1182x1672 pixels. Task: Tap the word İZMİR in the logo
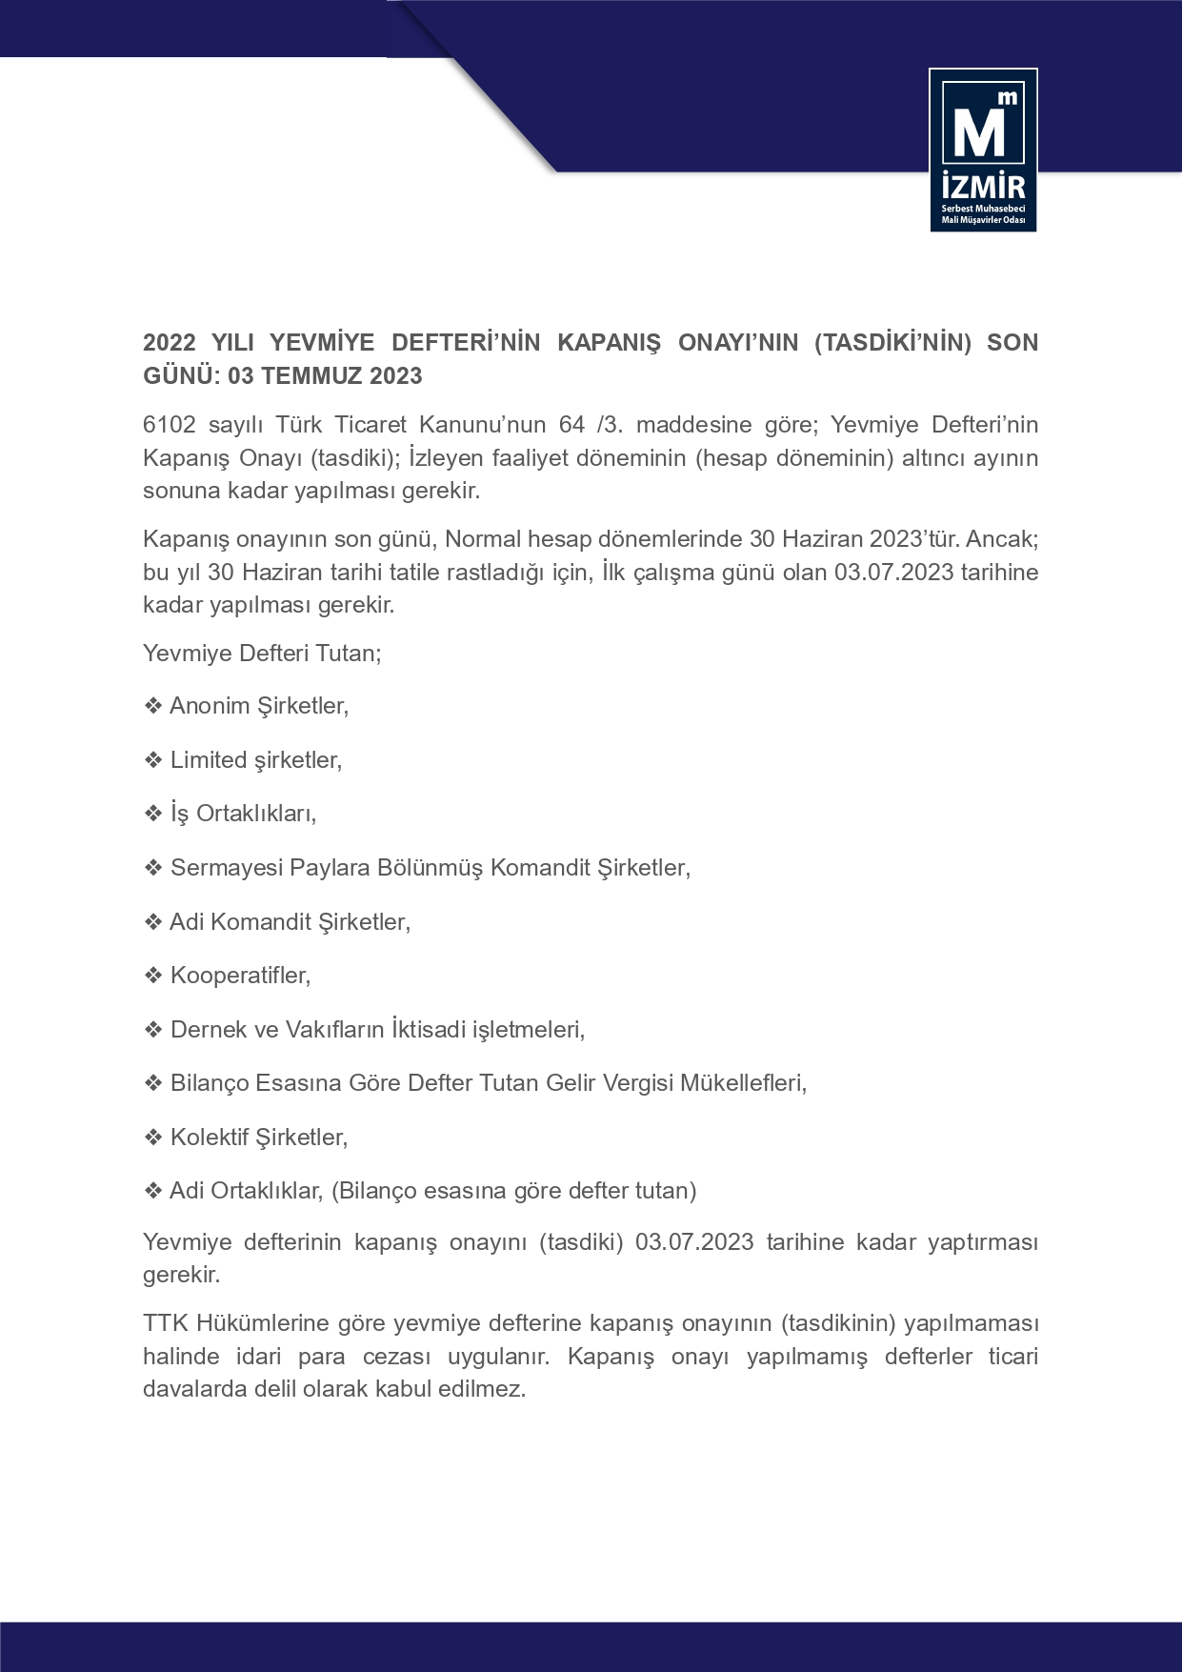pos(983,185)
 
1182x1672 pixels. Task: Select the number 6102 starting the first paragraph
pos(169,425)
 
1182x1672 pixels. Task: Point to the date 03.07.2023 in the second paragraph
pos(893,573)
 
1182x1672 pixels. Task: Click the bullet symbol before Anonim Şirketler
pos(152,706)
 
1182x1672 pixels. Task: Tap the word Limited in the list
pos(209,760)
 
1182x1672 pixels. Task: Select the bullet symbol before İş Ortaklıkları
pos(152,814)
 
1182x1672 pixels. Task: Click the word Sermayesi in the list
pos(227,868)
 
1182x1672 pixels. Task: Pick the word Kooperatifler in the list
pos(239,976)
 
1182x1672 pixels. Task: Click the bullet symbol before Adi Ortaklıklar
pos(152,1191)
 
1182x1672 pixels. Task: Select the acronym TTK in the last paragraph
pos(166,1323)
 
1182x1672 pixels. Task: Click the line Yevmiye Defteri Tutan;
pos(262,654)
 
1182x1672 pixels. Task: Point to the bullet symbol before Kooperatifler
pos(152,976)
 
